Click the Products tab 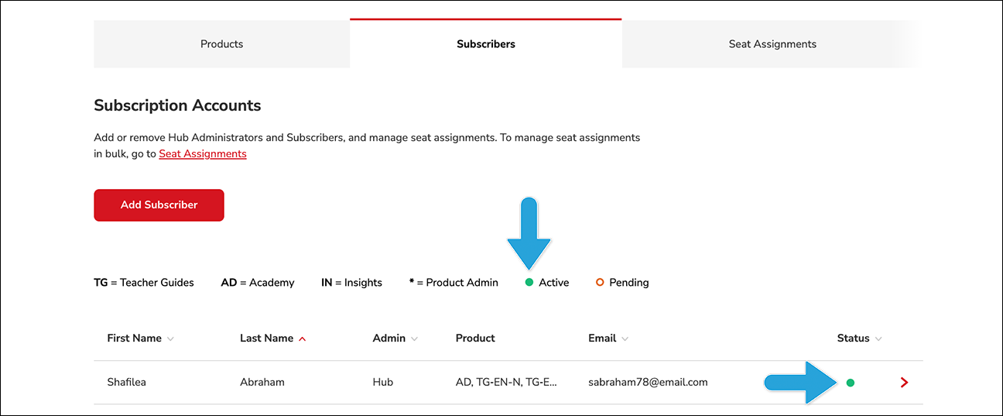tap(221, 44)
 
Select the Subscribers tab tap(486, 44)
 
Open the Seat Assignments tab tap(772, 44)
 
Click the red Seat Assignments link tap(203, 153)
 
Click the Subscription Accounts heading tap(177, 105)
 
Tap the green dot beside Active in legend tap(529, 282)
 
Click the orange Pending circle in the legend tap(600, 282)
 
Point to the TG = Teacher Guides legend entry tap(144, 283)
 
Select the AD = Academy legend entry tap(258, 283)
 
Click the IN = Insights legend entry tap(351, 283)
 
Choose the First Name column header tap(135, 338)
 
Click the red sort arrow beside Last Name tap(303, 339)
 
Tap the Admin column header tap(389, 338)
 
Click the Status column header tap(853, 338)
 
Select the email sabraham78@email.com tap(648, 383)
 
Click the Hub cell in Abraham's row tap(383, 382)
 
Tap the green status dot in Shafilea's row tap(851, 383)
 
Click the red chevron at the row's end tap(904, 383)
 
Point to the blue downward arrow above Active tap(529, 233)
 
